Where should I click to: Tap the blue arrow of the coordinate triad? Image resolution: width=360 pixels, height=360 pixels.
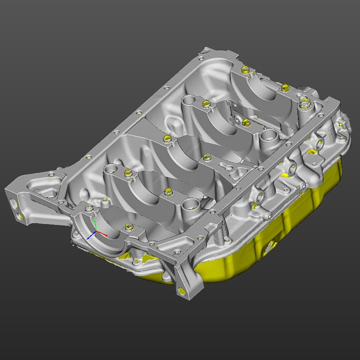(x=90, y=237)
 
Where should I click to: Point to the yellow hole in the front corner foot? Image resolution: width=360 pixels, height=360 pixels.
(x=182, y=290)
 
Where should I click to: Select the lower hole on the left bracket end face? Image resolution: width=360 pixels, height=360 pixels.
(x=20, y=217)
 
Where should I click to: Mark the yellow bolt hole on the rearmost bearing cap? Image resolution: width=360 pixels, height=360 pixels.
(x=245, y=70)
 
